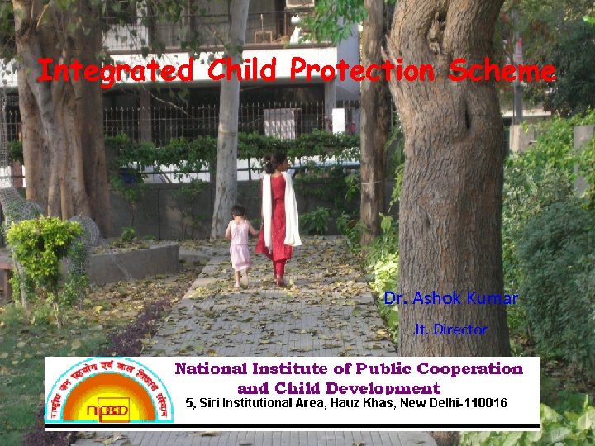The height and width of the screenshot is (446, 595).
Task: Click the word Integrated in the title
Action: (115, 71)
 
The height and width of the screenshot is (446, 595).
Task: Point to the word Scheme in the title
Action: (502, 71)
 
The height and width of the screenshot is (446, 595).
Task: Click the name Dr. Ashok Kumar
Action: (450, 298)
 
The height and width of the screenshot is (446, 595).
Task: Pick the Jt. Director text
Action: (450, 330)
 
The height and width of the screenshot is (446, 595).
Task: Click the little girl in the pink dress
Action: (240, 245)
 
